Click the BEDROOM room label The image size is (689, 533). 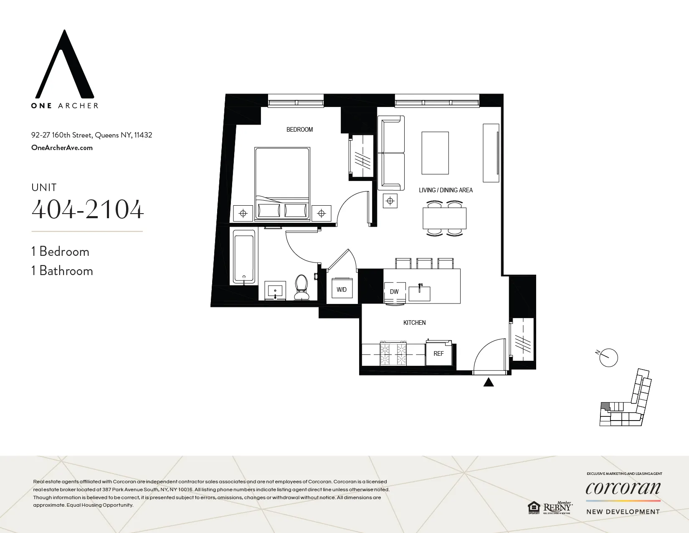pyautogui.click(x=299, y=130)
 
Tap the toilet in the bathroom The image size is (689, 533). pyautogui.click(x=301, y=288)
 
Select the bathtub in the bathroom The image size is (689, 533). pyautogui.click(x=244, y=257)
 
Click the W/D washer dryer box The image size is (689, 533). pyautogui.click(x=342, y=289)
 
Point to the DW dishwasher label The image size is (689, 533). pyautogui.click(x=394, y=292)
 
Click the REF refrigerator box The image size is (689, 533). pyautogui.click(x=438, y=354)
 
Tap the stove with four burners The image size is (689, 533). pyautogui.click(x=393, y=354)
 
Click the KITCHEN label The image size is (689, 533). pyautogui.click(x=414, y=323)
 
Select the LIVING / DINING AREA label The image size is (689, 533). pyautogui.click(x=446, y=190)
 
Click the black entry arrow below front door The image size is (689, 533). pyautogui.click(x=489, y=382)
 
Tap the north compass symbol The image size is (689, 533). pyautogui.click(x=608, y=357)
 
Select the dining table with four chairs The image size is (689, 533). pyautogui.click(x=444, y=218)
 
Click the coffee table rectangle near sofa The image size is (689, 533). pyautogui.click(x=435, y=153)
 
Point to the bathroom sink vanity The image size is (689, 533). pyautogui.click(x=275, y=290)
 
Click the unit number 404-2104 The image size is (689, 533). pyautogui.click(x=88, y=209)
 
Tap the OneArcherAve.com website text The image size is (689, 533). pyautogui.click(x=62, y=148)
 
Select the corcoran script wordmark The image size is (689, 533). pyautogui.click(x=623, y=488)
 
